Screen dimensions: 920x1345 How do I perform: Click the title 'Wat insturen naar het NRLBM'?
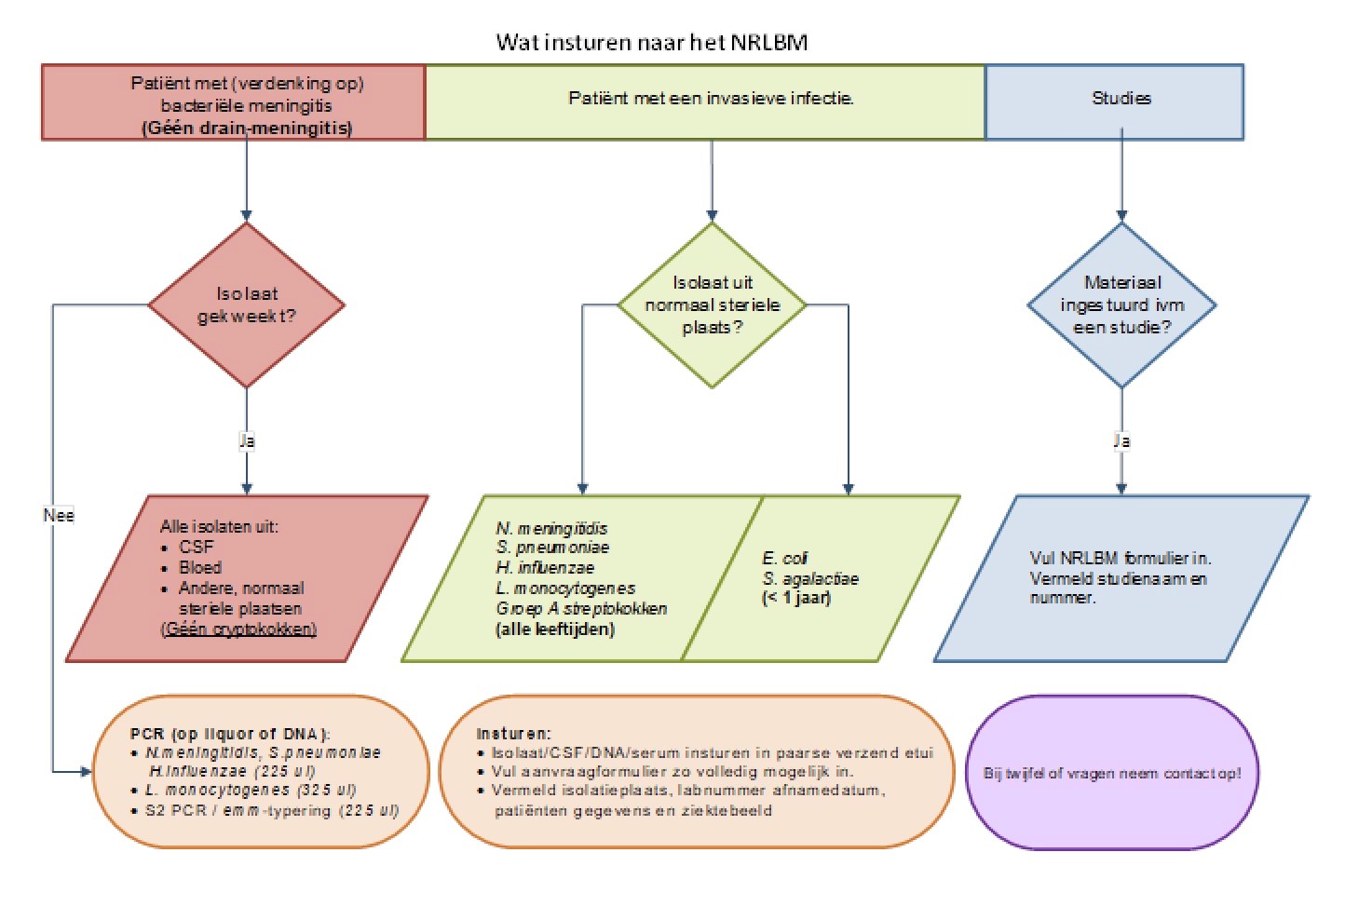(x=652, y=42)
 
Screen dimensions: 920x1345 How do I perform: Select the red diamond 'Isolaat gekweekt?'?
(x=247, y=304)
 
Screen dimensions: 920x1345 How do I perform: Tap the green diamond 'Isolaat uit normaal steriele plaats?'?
(x=712, y=304)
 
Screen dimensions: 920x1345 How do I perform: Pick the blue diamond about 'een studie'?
(x=1121, y=304)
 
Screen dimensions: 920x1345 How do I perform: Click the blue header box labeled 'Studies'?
(x=1121, y=99)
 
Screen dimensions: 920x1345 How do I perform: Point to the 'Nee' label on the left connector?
(x=58, y=515)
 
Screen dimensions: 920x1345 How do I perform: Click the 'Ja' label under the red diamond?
(x=247, y=440)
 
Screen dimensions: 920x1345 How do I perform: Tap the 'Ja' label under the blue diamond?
(x=1121, y=440)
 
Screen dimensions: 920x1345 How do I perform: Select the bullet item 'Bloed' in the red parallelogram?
(x=200, y=567)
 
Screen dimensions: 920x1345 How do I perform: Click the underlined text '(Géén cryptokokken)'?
(x=239, y=629)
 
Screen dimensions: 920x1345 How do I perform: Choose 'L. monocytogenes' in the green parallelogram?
(x=565, y=589)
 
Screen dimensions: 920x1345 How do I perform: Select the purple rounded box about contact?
(x=1112, y=773)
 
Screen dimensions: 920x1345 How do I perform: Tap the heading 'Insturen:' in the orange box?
(x=513, y=734)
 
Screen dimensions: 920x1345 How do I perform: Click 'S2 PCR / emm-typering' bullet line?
(x=271, y=810)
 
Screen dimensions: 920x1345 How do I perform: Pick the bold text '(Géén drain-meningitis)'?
(x=247, y=128)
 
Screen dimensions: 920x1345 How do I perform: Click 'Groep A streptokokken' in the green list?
(x=581, y=609)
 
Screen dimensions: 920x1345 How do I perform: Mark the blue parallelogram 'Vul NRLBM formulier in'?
(x=1121, y=577)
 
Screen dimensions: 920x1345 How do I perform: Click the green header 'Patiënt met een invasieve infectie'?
(x=712, y=99)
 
